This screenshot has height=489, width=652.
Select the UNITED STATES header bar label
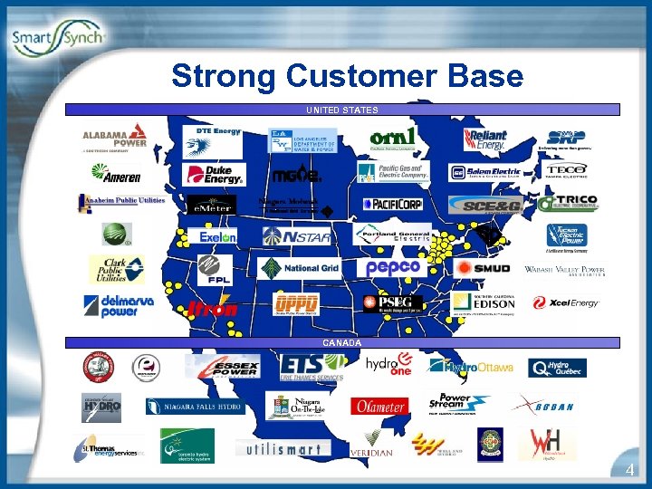point(341,110)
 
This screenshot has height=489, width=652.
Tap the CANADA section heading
point(341,343)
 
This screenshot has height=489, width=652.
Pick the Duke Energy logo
point(214,173)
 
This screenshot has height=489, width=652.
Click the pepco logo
point(393,268)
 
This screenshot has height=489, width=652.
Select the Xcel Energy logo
point(566,302)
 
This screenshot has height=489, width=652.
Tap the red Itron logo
point(213,309)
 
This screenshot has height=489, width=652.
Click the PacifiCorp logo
point(392,205)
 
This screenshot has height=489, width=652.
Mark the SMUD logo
point(482,269)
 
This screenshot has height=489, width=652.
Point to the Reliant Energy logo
point(485,139)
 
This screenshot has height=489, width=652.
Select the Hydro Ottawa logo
point(471,366)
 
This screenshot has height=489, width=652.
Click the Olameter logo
point(379,407)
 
